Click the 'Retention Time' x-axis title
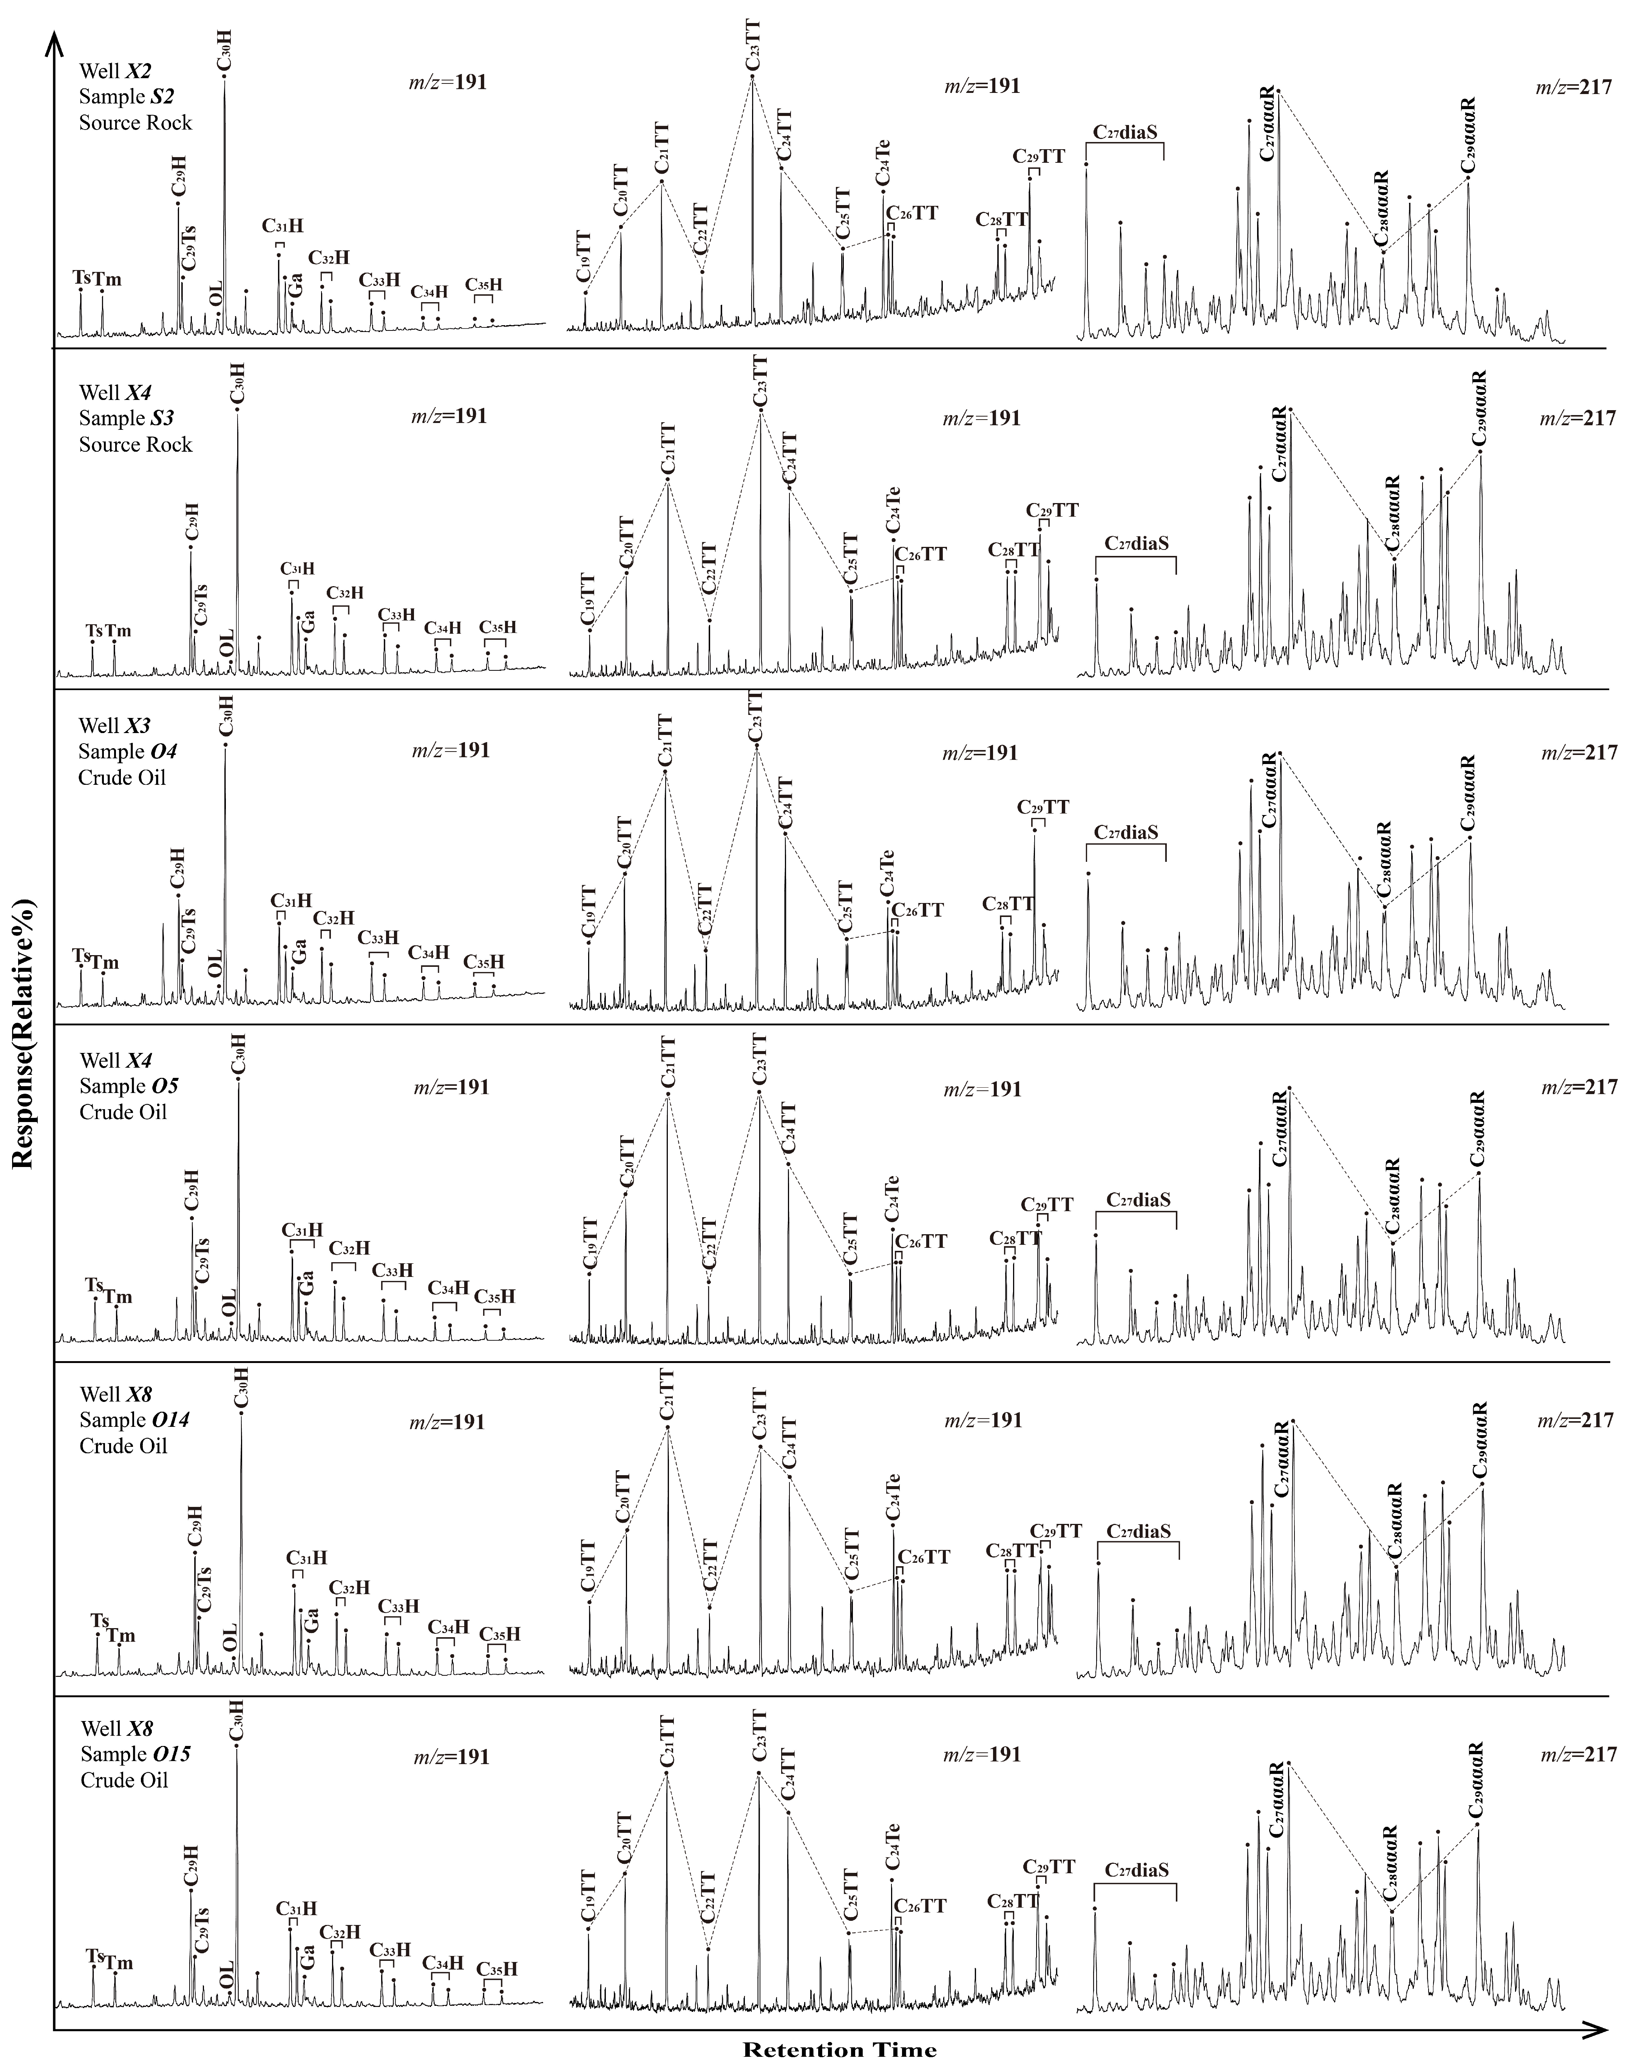coord(840,2049)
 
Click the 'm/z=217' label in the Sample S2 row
coord(1574,88)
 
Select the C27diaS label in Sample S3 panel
coord(1137,543)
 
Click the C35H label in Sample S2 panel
coord(483,285)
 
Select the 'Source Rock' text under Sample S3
coord(135,445)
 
